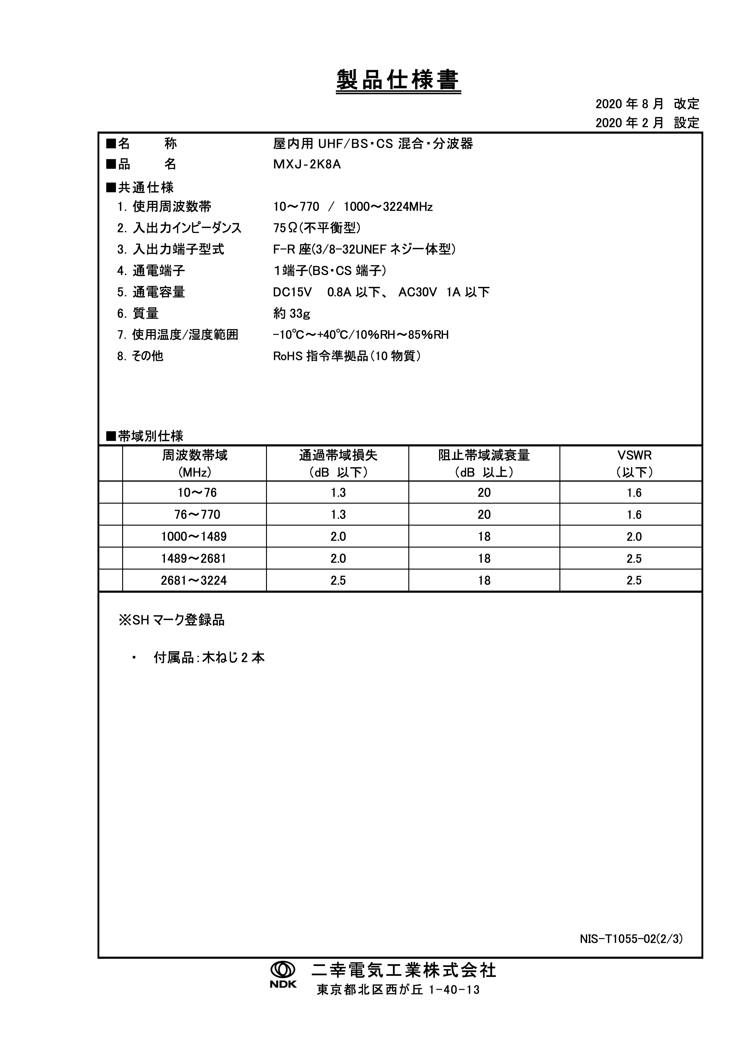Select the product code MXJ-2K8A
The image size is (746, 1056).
tap(307, 165)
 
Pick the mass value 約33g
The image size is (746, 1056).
tap(291, 314)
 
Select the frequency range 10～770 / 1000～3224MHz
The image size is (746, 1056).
tap(353, 207)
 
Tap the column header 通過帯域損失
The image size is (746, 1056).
tap(338, 455)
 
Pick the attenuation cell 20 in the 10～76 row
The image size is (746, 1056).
tap(484, 493)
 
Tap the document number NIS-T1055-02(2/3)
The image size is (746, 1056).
tap(631, 939)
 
